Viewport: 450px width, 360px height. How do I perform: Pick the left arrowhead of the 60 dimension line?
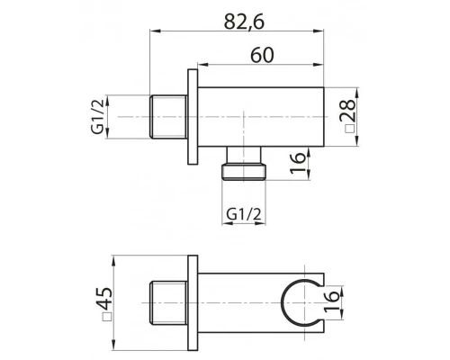pyautogui.click(x=201, y=66)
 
